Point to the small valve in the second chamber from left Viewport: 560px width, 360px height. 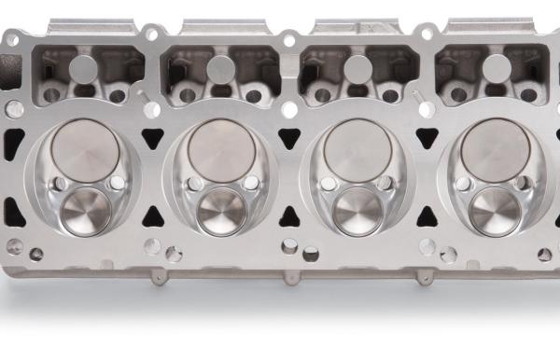[222, 211]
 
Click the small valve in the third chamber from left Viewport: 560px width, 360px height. [358, 211]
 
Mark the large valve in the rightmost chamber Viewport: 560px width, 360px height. [495, 149]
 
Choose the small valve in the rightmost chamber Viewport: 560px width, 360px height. [495, 211]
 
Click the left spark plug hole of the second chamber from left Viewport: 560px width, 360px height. [194, 184]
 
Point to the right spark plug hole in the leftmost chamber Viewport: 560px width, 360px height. [116, 183]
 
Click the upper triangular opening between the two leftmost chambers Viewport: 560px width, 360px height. [153, 139]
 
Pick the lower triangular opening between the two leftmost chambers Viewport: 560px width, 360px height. [152, 197]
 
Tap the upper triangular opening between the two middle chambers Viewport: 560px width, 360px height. [289, 139]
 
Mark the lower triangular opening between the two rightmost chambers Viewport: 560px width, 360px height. [427, 197]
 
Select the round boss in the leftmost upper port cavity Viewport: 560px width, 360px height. [83, 66]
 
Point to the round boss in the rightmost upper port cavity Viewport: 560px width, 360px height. [497, 66]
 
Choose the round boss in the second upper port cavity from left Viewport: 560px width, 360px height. [220, 66]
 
